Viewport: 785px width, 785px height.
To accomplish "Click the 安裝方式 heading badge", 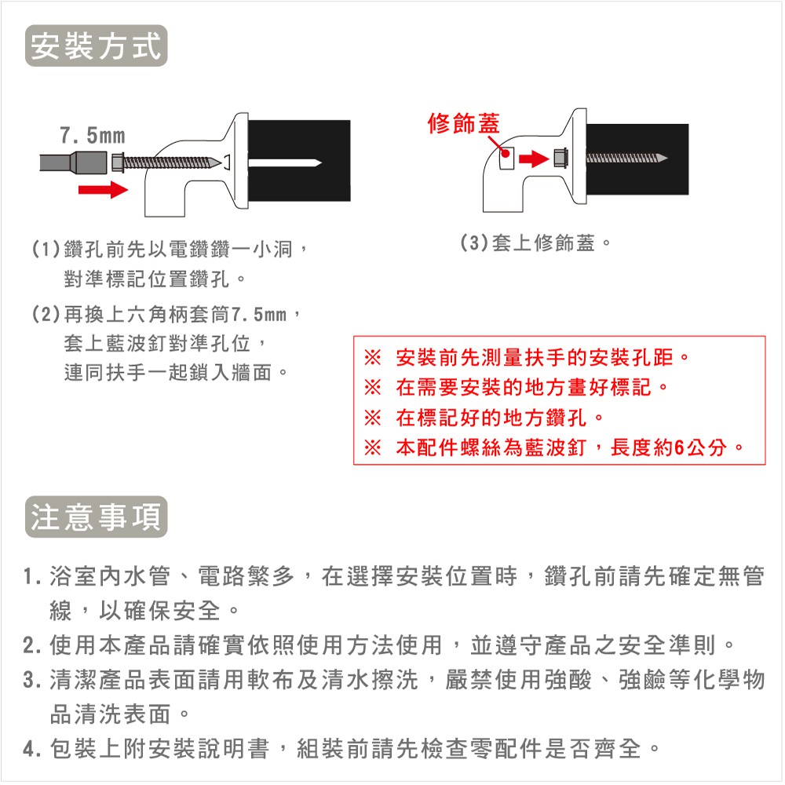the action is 96,46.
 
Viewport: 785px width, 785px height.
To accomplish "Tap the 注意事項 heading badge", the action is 96,517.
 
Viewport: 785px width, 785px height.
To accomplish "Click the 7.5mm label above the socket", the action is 93,136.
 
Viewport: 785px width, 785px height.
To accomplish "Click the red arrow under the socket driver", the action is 103,190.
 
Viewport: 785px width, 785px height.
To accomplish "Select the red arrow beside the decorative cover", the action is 534,159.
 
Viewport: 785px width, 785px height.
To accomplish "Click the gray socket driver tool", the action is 73,162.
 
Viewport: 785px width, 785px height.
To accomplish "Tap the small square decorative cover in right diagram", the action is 506,159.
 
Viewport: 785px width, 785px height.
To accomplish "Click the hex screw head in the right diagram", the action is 560,159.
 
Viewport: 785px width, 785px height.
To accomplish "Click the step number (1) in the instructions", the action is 46,249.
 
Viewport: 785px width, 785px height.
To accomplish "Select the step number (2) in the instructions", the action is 46,315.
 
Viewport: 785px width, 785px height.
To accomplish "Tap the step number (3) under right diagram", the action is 474,243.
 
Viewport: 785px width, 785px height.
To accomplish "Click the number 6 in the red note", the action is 679,447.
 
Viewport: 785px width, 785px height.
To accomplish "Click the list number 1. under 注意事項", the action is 32,577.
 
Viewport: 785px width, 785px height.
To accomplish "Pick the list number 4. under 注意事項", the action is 32,749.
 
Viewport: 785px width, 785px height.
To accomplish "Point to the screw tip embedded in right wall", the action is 661,159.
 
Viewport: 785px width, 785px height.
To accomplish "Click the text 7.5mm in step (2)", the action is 259,315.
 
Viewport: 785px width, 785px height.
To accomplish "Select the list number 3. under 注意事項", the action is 32,680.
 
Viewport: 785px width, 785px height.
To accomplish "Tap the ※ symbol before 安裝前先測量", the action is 372,357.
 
